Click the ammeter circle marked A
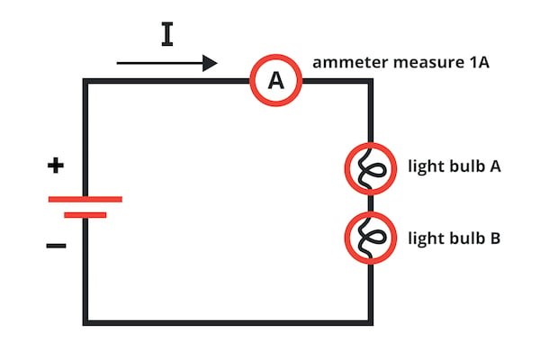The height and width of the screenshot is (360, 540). pos(275,81)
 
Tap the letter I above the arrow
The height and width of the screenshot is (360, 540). pos(166,34)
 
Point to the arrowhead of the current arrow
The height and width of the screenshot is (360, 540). pos(211,63)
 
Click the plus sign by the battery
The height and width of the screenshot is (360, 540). pos(57,165)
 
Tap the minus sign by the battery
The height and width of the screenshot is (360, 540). pos(56,246)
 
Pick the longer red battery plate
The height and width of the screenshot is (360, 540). pos(85,198)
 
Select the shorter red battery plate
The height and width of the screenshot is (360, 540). pos(85,215)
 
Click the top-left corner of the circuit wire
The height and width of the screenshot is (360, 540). pos(85,81)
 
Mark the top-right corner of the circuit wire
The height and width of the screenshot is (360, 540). pos(370,81)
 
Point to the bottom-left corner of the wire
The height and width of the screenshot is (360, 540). pos(85,322)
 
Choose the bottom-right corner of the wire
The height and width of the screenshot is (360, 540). pos(370,322)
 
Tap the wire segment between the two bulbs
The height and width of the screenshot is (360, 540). pos(370,203)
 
